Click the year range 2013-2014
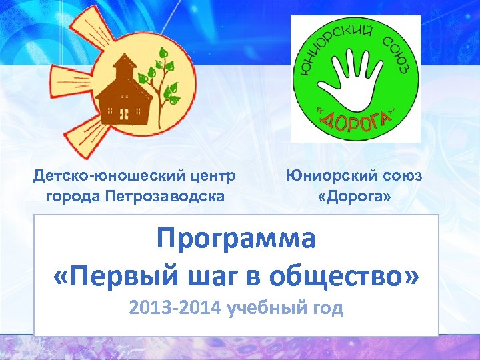pyautogui.click(x=175, y=309)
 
